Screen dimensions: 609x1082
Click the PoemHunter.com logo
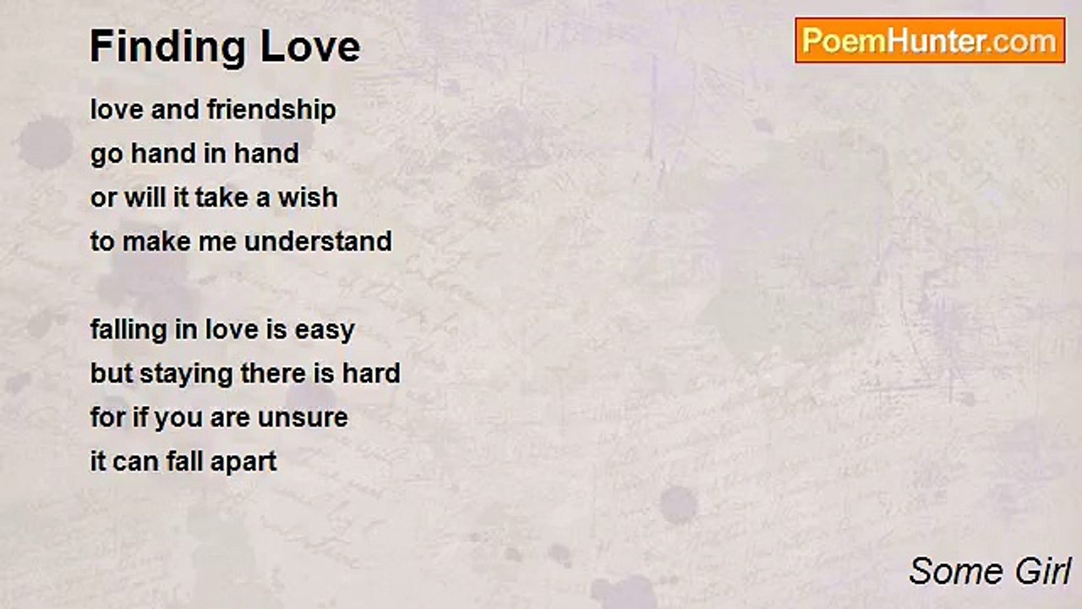(x=930, y=41)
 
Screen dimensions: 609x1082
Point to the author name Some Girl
(x=990, y=572)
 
